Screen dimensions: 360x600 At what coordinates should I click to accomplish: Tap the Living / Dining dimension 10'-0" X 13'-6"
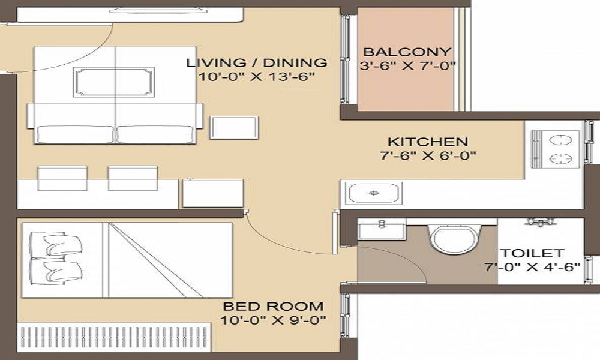point(257,77)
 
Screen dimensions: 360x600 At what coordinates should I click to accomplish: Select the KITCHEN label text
point(427,142)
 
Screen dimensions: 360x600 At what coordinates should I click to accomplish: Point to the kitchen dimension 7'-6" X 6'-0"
point(427,157)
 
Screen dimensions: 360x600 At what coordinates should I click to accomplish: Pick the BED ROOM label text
point(273,306)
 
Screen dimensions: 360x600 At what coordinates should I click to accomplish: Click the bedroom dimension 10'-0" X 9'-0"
point(273,320)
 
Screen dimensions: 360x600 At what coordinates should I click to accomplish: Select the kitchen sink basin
point(373,193)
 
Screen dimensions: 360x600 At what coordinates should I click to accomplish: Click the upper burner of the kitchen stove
point(559,139)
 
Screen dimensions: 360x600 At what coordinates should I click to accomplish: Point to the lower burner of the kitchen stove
point(559,159)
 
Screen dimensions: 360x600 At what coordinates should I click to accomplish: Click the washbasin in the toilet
point(382,230)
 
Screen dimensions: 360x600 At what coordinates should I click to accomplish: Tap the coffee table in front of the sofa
point(113,82)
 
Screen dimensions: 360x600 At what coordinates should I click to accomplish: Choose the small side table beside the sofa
point(234,128)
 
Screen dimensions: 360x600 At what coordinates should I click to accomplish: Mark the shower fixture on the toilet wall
point(539,222)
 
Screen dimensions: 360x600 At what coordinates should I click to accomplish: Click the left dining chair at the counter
point(62,178)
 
